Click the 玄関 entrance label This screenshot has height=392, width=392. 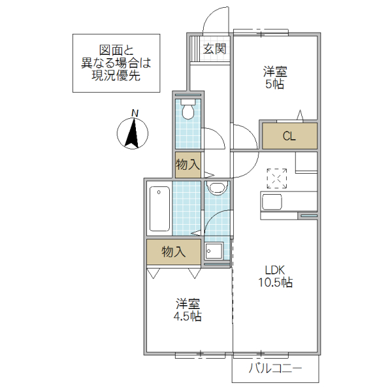coord(214,48)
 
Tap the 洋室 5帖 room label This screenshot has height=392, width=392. coord(274,78)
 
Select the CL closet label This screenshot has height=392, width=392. coord(289,137)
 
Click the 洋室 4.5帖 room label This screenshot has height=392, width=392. coord(188,310)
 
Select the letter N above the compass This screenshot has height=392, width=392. coord(135,113)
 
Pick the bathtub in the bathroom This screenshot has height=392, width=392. coord(159,210)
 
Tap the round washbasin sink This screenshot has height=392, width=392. coord(216,189)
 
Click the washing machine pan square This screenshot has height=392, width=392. coord(214,251)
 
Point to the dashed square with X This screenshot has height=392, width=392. coord(278,177)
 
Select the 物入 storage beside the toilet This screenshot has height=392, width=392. coord(188,164)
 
